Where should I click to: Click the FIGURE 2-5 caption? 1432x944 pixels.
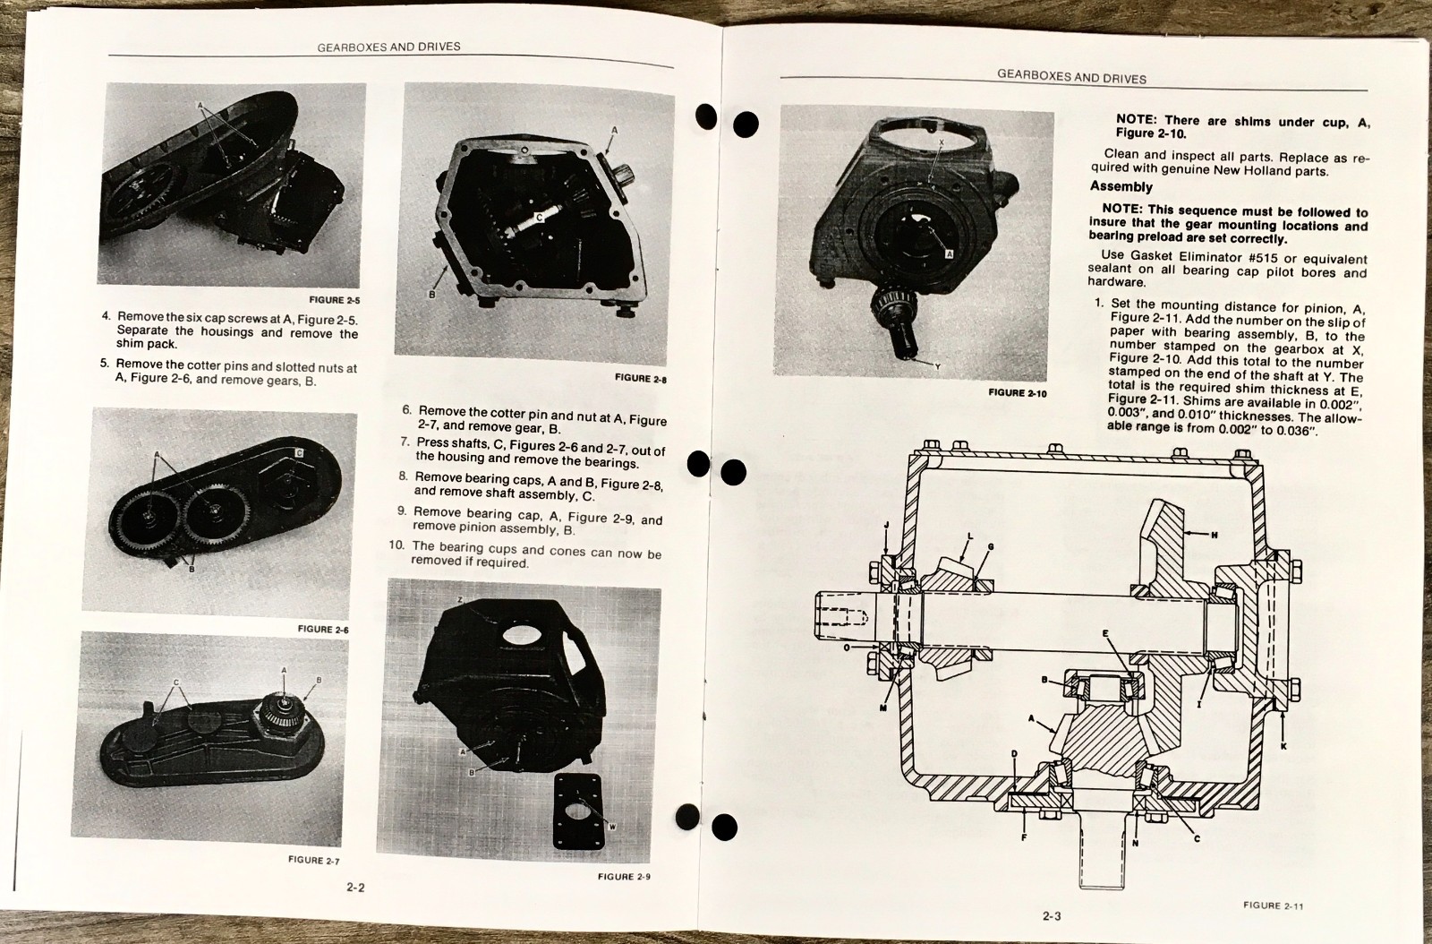335,299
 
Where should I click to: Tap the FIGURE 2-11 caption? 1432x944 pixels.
1273,905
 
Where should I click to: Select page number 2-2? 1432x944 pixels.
355,887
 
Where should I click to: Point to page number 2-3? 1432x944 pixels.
1052,916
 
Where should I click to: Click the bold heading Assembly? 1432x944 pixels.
1121,187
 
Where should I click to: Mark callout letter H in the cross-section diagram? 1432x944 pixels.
1214,535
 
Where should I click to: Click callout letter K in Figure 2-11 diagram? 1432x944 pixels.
1283,746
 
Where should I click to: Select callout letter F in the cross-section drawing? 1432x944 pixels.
1024,837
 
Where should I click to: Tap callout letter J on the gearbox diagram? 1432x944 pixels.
886,525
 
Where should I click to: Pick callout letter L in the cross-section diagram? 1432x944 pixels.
970,536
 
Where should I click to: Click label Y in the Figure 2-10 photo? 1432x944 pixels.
937,366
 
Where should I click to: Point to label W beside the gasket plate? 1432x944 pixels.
612,827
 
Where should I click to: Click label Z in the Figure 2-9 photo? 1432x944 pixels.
460,599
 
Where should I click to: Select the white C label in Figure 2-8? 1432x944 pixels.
539,218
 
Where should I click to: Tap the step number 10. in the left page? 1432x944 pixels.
397,545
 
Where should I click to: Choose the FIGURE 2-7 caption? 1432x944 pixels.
313,860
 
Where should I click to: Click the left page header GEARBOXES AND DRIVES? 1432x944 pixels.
388,47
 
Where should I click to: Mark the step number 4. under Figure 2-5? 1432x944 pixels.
107,316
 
